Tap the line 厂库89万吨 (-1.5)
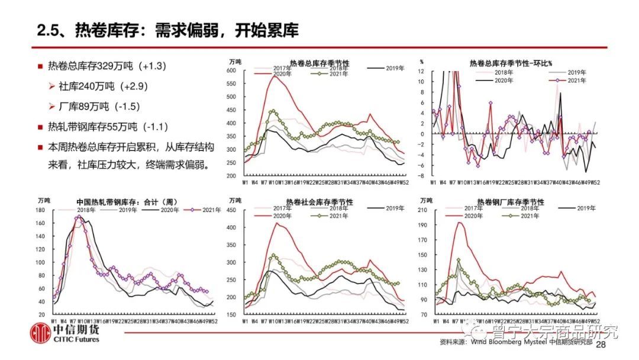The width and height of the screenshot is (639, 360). pos(98,107)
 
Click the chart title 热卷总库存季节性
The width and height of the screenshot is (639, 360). pos(319,63)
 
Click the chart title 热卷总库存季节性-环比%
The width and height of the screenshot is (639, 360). pos(511,63)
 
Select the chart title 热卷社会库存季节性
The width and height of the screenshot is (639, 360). pos(319,202)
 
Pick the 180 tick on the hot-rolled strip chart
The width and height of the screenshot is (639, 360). pos(40,210)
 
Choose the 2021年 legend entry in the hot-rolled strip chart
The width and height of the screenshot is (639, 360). pos(205,210)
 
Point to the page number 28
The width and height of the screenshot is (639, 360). pos(602,345)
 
